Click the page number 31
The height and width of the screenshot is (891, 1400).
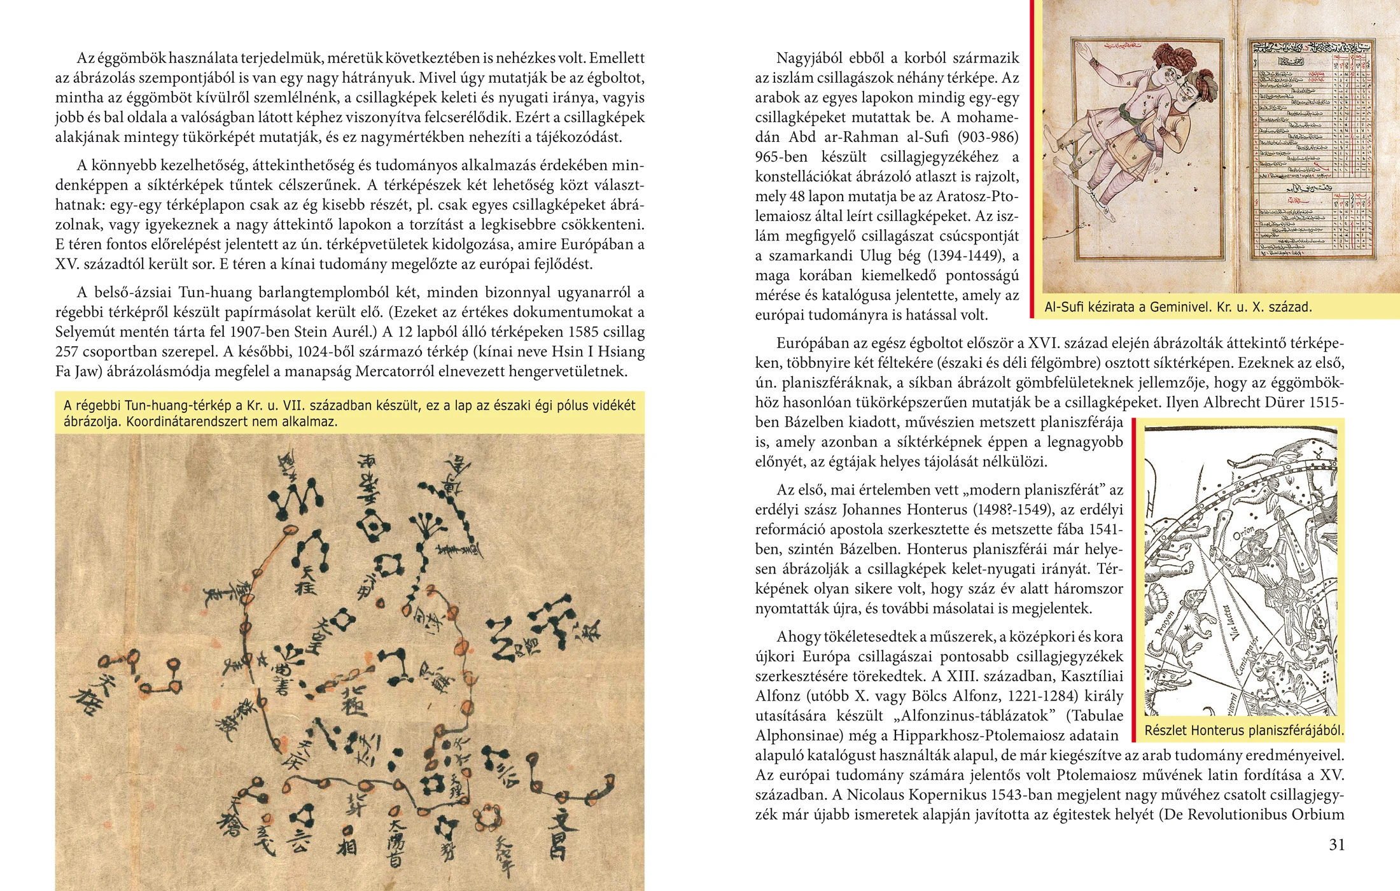pyautogui.click(x=1336, y=845)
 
